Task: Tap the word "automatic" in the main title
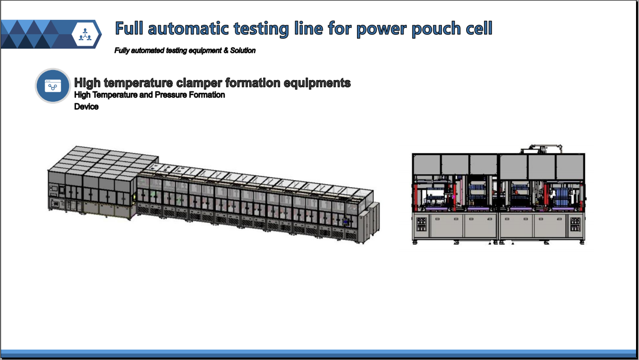(188, 28)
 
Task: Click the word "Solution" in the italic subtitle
(243, 51)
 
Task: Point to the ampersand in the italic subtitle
(226, 51)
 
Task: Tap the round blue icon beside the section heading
(53, 85)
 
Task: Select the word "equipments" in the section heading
(317, 83)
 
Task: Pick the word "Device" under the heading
(86, 107)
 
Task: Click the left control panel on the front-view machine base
(422, 224)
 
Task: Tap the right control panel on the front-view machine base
(575, 224)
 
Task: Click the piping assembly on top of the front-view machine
(541, 149)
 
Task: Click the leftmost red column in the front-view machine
(416, 198)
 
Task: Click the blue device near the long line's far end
(346, 221)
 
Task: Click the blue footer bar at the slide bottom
(320, 354)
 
